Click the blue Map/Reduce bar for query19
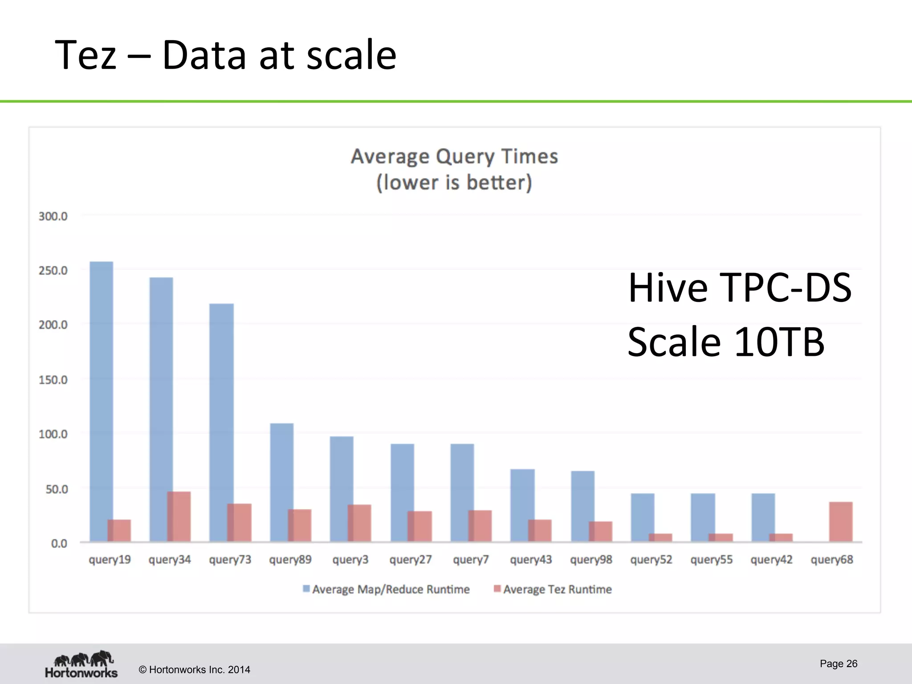pyautogui.click(x=99, y=392)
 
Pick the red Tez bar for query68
pyautogui.click(x=841, y=521)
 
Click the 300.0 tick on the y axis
pyautogui.click(x=53, y=216)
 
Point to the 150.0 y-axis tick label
pyautogui.click(x=53, y=380)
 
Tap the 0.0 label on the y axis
pyautogui.click(x=59, y=543)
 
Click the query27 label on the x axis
pyautogui.click(x=410, y=560)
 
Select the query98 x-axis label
pyautogui.click(x=591, y=560)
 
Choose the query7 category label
pyautogui.click(x=471, y=560)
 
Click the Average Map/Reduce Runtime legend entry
pyautogui.click(x=387, y=589)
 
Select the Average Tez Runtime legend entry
pyautogui.click(x=553, y=589)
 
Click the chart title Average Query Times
pyautogui.click(x=454, y=157)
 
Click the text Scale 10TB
pyautogui.click(x=726, y=342)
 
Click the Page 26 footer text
pyautogui.click(x=838, y=664)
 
